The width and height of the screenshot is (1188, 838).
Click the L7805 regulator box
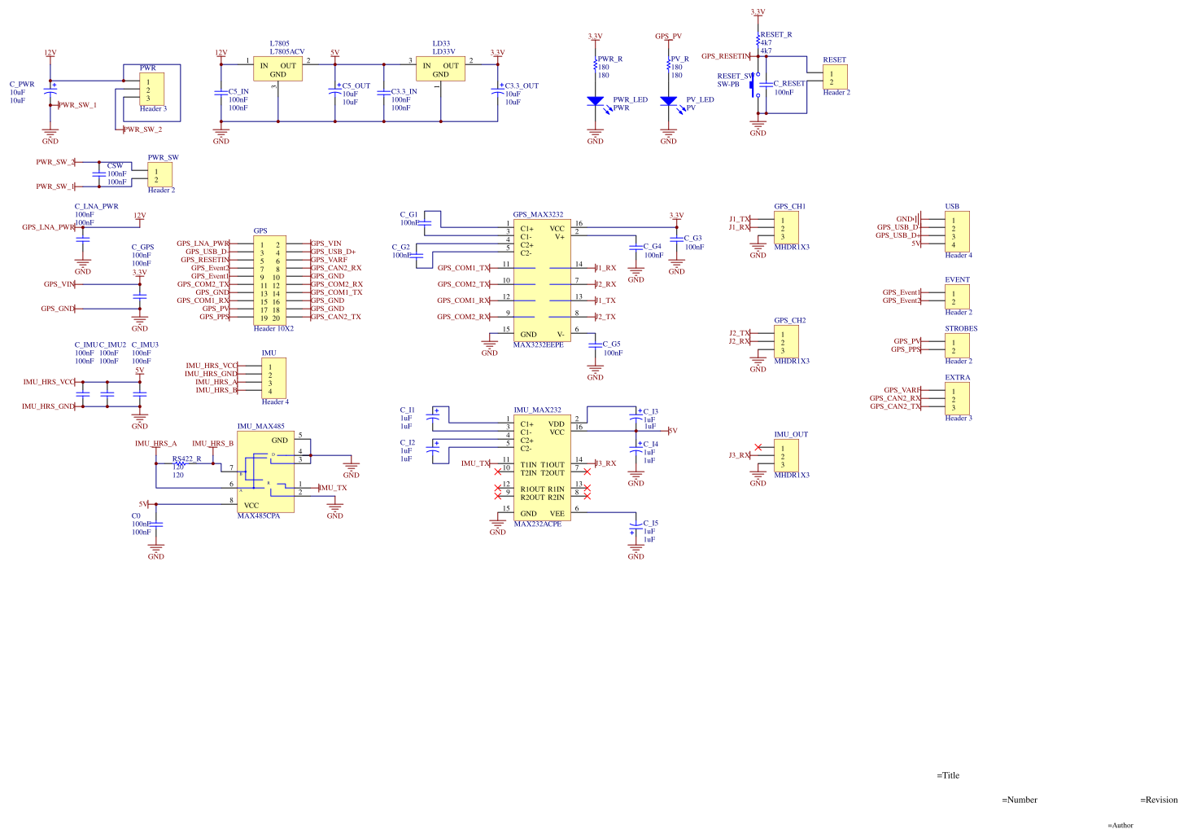click(277, 68)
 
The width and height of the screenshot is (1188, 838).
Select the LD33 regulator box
click(440, 68)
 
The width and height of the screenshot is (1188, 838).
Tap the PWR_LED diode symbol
click(595, 101)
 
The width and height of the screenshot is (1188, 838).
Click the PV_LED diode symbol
click(668, 101)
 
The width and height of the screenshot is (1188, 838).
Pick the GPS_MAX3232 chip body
click(541, 280)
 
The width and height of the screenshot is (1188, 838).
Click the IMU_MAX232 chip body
click(541, 467)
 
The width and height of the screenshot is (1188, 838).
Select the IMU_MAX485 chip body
click(265, 472)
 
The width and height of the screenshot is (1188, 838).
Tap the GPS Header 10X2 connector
click(269, 280)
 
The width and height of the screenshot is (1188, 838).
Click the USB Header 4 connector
click(957, 231)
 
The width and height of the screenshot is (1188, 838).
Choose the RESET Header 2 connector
click(835, 77)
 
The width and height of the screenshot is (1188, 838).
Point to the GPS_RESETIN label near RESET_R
click(724, 56)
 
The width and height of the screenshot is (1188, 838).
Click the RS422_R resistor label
click(186, 458)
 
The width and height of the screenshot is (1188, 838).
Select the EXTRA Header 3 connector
click(957, 398)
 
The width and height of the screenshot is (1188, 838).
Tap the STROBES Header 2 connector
click(957, 345)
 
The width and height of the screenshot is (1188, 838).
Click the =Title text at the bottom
click(948, 775)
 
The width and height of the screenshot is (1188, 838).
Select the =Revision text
click(1159, 800)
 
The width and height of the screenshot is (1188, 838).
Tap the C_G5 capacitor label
click(611, 344)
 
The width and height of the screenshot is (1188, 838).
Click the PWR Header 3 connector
click(151, 89)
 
